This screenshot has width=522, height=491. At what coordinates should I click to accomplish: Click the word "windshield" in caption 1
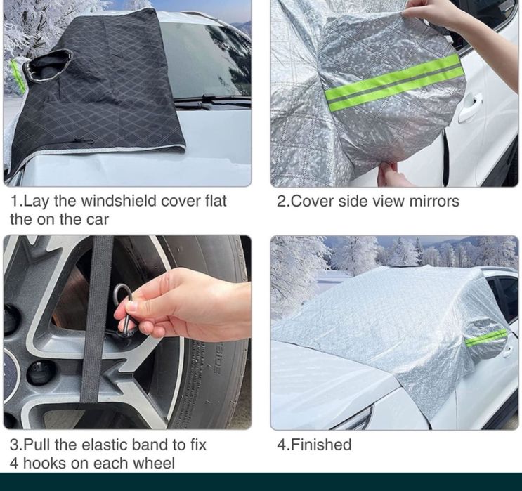(x=119, y=201)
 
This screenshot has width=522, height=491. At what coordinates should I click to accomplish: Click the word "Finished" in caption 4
(x=321, y=445)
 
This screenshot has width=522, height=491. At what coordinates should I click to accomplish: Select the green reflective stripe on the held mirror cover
(x=393, y=82)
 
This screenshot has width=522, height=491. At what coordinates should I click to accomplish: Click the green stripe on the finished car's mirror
(x=486, y=338)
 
